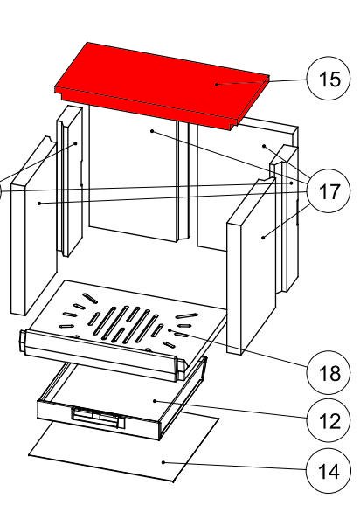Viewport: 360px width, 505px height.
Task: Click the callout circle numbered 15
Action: pos(329,79)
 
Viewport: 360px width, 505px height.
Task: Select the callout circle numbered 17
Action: pos(329,190)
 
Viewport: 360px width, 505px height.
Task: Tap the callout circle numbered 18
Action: pos(329,372)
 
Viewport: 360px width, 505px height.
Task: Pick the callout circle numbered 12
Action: pos(329,420)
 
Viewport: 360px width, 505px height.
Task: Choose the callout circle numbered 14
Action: pos(329,471)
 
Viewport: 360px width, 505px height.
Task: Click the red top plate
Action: pos(162,86)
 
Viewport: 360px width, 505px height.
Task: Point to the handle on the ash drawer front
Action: pos(98,418)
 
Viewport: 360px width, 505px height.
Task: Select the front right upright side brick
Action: pos(251,266)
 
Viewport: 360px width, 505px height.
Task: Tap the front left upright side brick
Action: pos(34,225)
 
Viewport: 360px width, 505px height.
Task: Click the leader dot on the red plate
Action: pos(217,85)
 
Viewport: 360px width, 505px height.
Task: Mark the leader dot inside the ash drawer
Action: pos(155,401)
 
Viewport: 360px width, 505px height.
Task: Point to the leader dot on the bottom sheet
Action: pos(163,462)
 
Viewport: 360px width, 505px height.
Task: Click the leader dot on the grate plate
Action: pos(170,330)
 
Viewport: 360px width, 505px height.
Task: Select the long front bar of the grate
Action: pos(103,356)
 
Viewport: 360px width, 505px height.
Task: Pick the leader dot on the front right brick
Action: pos(263,238)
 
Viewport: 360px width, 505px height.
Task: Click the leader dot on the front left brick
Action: pos(39,204)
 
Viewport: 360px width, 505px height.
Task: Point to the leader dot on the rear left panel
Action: pos(152,131)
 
